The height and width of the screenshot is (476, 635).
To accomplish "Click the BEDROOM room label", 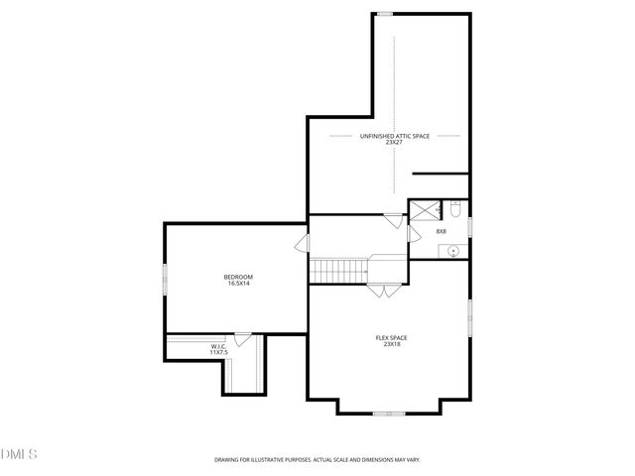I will tap(238, 276).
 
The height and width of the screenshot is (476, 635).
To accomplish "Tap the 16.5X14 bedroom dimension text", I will tap(238, 283).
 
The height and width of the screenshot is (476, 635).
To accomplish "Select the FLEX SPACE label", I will tap(391, 337).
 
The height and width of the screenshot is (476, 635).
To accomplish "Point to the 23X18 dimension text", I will tap(391, 344).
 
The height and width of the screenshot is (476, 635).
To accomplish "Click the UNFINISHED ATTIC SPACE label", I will tap(394, 136).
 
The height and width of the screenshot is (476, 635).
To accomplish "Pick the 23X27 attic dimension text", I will tap(394, 143).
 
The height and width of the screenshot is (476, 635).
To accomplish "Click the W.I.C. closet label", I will tap(218, 346).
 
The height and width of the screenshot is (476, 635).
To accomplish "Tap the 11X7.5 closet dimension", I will tap(218, 352).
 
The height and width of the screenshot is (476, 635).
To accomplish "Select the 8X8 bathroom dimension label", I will tap(441, 232).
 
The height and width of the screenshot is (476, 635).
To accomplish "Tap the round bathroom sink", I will tap(454, 251).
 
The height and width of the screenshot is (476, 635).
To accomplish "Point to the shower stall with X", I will tap(425, 209).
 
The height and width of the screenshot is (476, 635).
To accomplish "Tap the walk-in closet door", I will tap(242, 338).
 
